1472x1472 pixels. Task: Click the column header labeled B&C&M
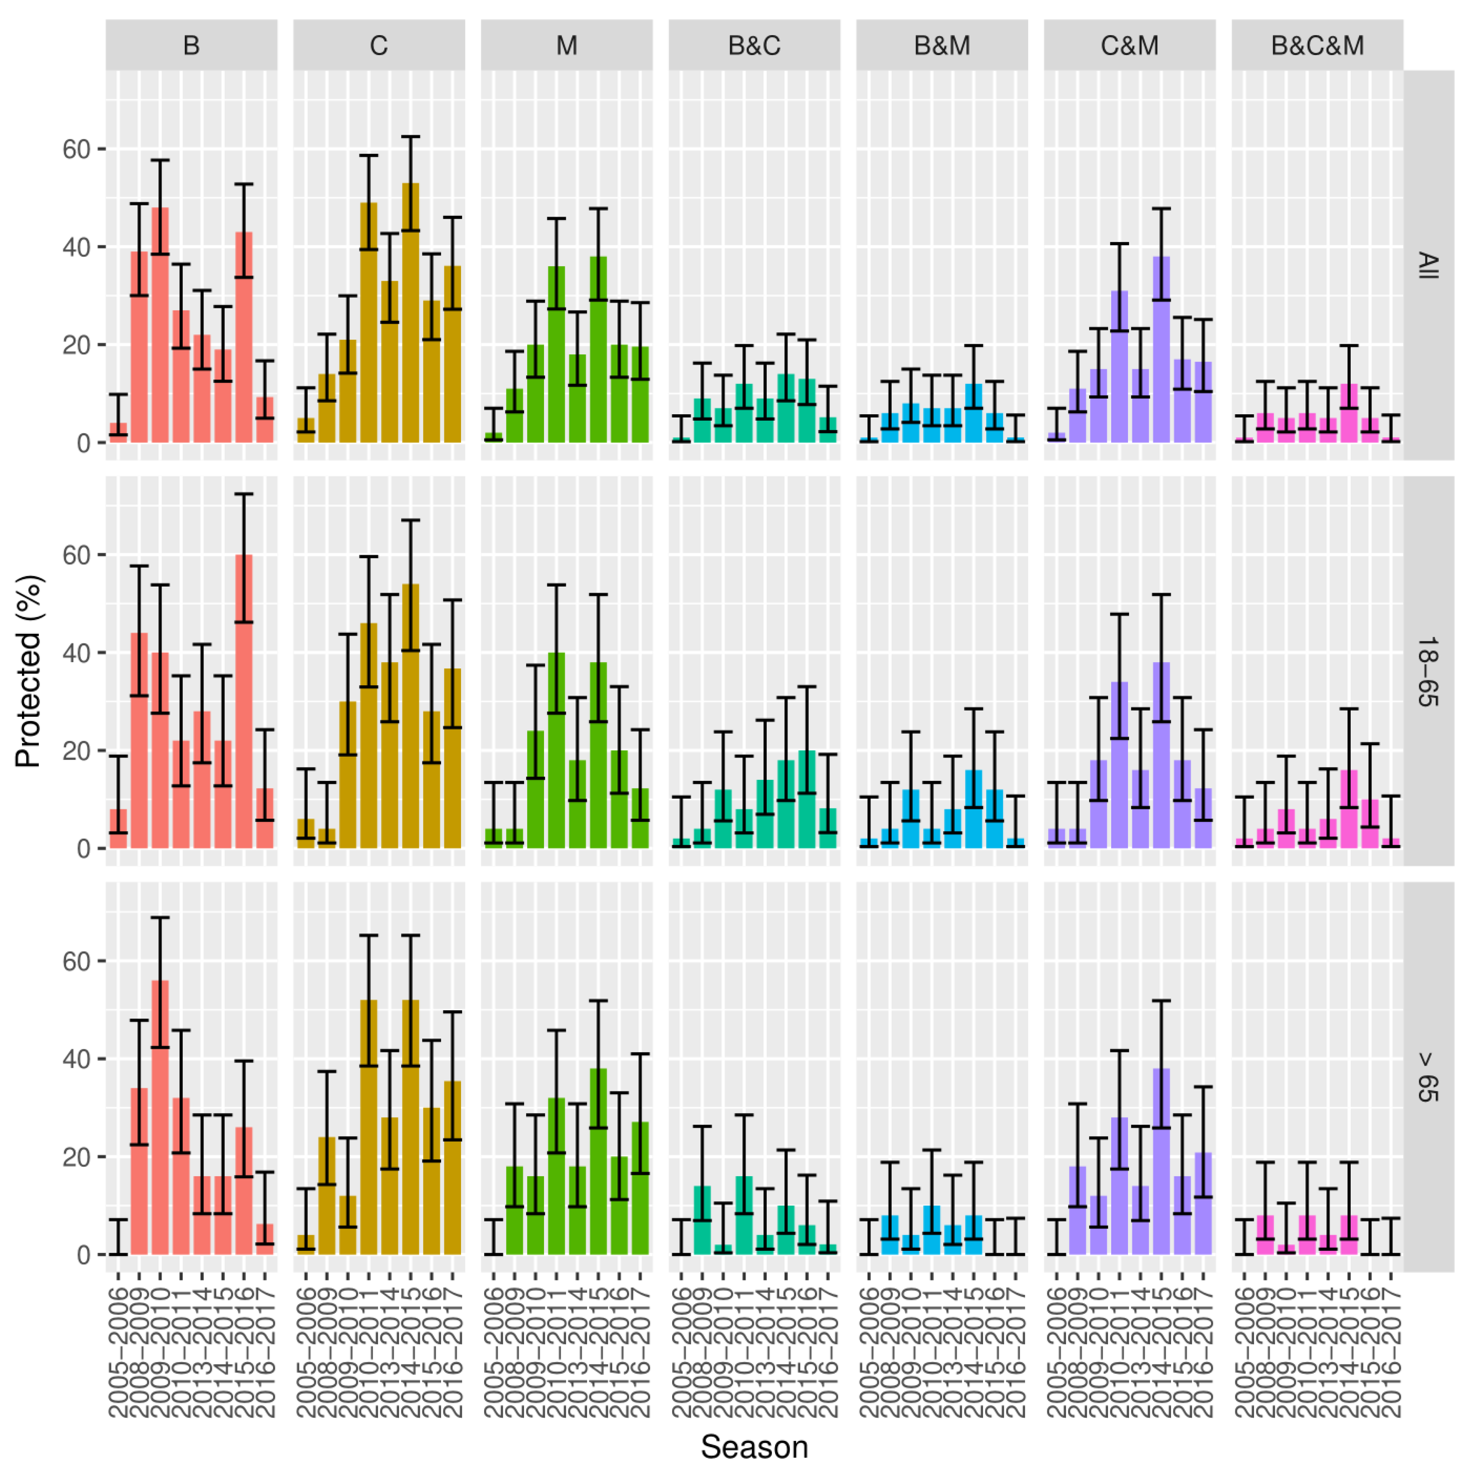point(1317,46)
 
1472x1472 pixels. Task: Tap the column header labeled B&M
point(942,46)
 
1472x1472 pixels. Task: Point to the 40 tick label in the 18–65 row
point(76,653)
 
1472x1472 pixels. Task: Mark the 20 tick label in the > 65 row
point(76,1157)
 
